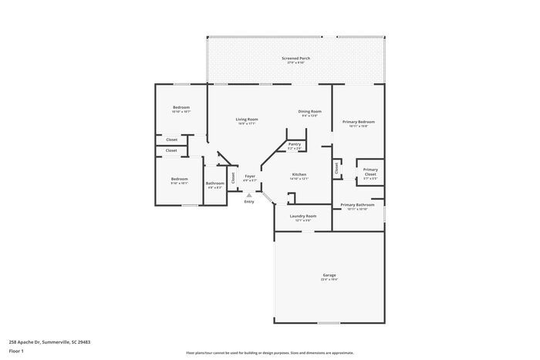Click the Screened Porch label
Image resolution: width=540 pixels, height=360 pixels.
point(296,59)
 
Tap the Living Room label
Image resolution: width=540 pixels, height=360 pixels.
point(247,119)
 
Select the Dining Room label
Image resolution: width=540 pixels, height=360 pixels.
point(310,112)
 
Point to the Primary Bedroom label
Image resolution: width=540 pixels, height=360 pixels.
point(359,122)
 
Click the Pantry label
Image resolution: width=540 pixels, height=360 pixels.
point(295,144)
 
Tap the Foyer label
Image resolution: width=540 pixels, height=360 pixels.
point(250,177)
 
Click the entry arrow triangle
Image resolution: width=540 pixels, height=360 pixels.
point(249,195)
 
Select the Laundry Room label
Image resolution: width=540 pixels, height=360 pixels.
point(303,217)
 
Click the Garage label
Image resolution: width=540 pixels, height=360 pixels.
point(329,275)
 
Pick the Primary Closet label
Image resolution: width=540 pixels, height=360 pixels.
point(370,172)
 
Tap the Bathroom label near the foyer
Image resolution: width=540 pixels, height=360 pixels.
point(214,183)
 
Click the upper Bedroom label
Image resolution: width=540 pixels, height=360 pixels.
point(181,107)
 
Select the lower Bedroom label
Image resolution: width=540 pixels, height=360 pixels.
point(179,179)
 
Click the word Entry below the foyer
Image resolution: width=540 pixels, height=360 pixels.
point(249,202)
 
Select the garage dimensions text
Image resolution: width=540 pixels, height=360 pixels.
point(329,280)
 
